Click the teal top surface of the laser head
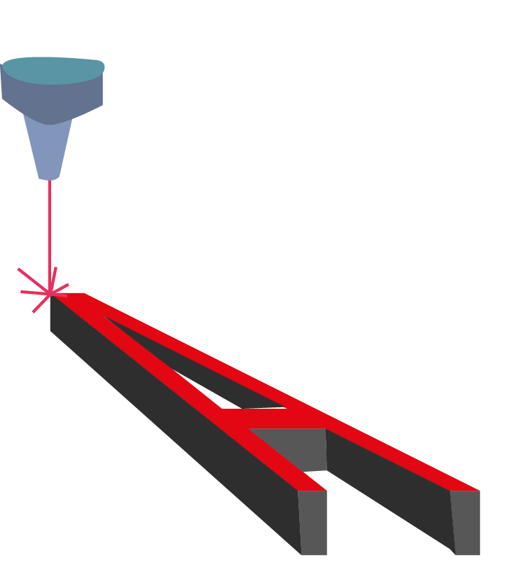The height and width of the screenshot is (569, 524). click(53, 70)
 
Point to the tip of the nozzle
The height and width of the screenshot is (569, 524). click(49, 180)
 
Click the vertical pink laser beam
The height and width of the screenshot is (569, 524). click(50, 236)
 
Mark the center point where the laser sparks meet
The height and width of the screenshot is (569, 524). click(50, 293)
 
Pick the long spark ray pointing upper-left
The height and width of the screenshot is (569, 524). click(34, 281)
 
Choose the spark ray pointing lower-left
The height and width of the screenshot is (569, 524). click(41, 303)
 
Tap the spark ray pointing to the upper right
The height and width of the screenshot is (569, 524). click(59, 289)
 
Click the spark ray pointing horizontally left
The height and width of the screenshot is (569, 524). click(35, 292)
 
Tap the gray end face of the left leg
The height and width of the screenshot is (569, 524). click(312, 522)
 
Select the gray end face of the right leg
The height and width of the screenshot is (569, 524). click(466, 522)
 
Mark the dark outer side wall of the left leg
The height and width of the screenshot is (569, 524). click(174, 425)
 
